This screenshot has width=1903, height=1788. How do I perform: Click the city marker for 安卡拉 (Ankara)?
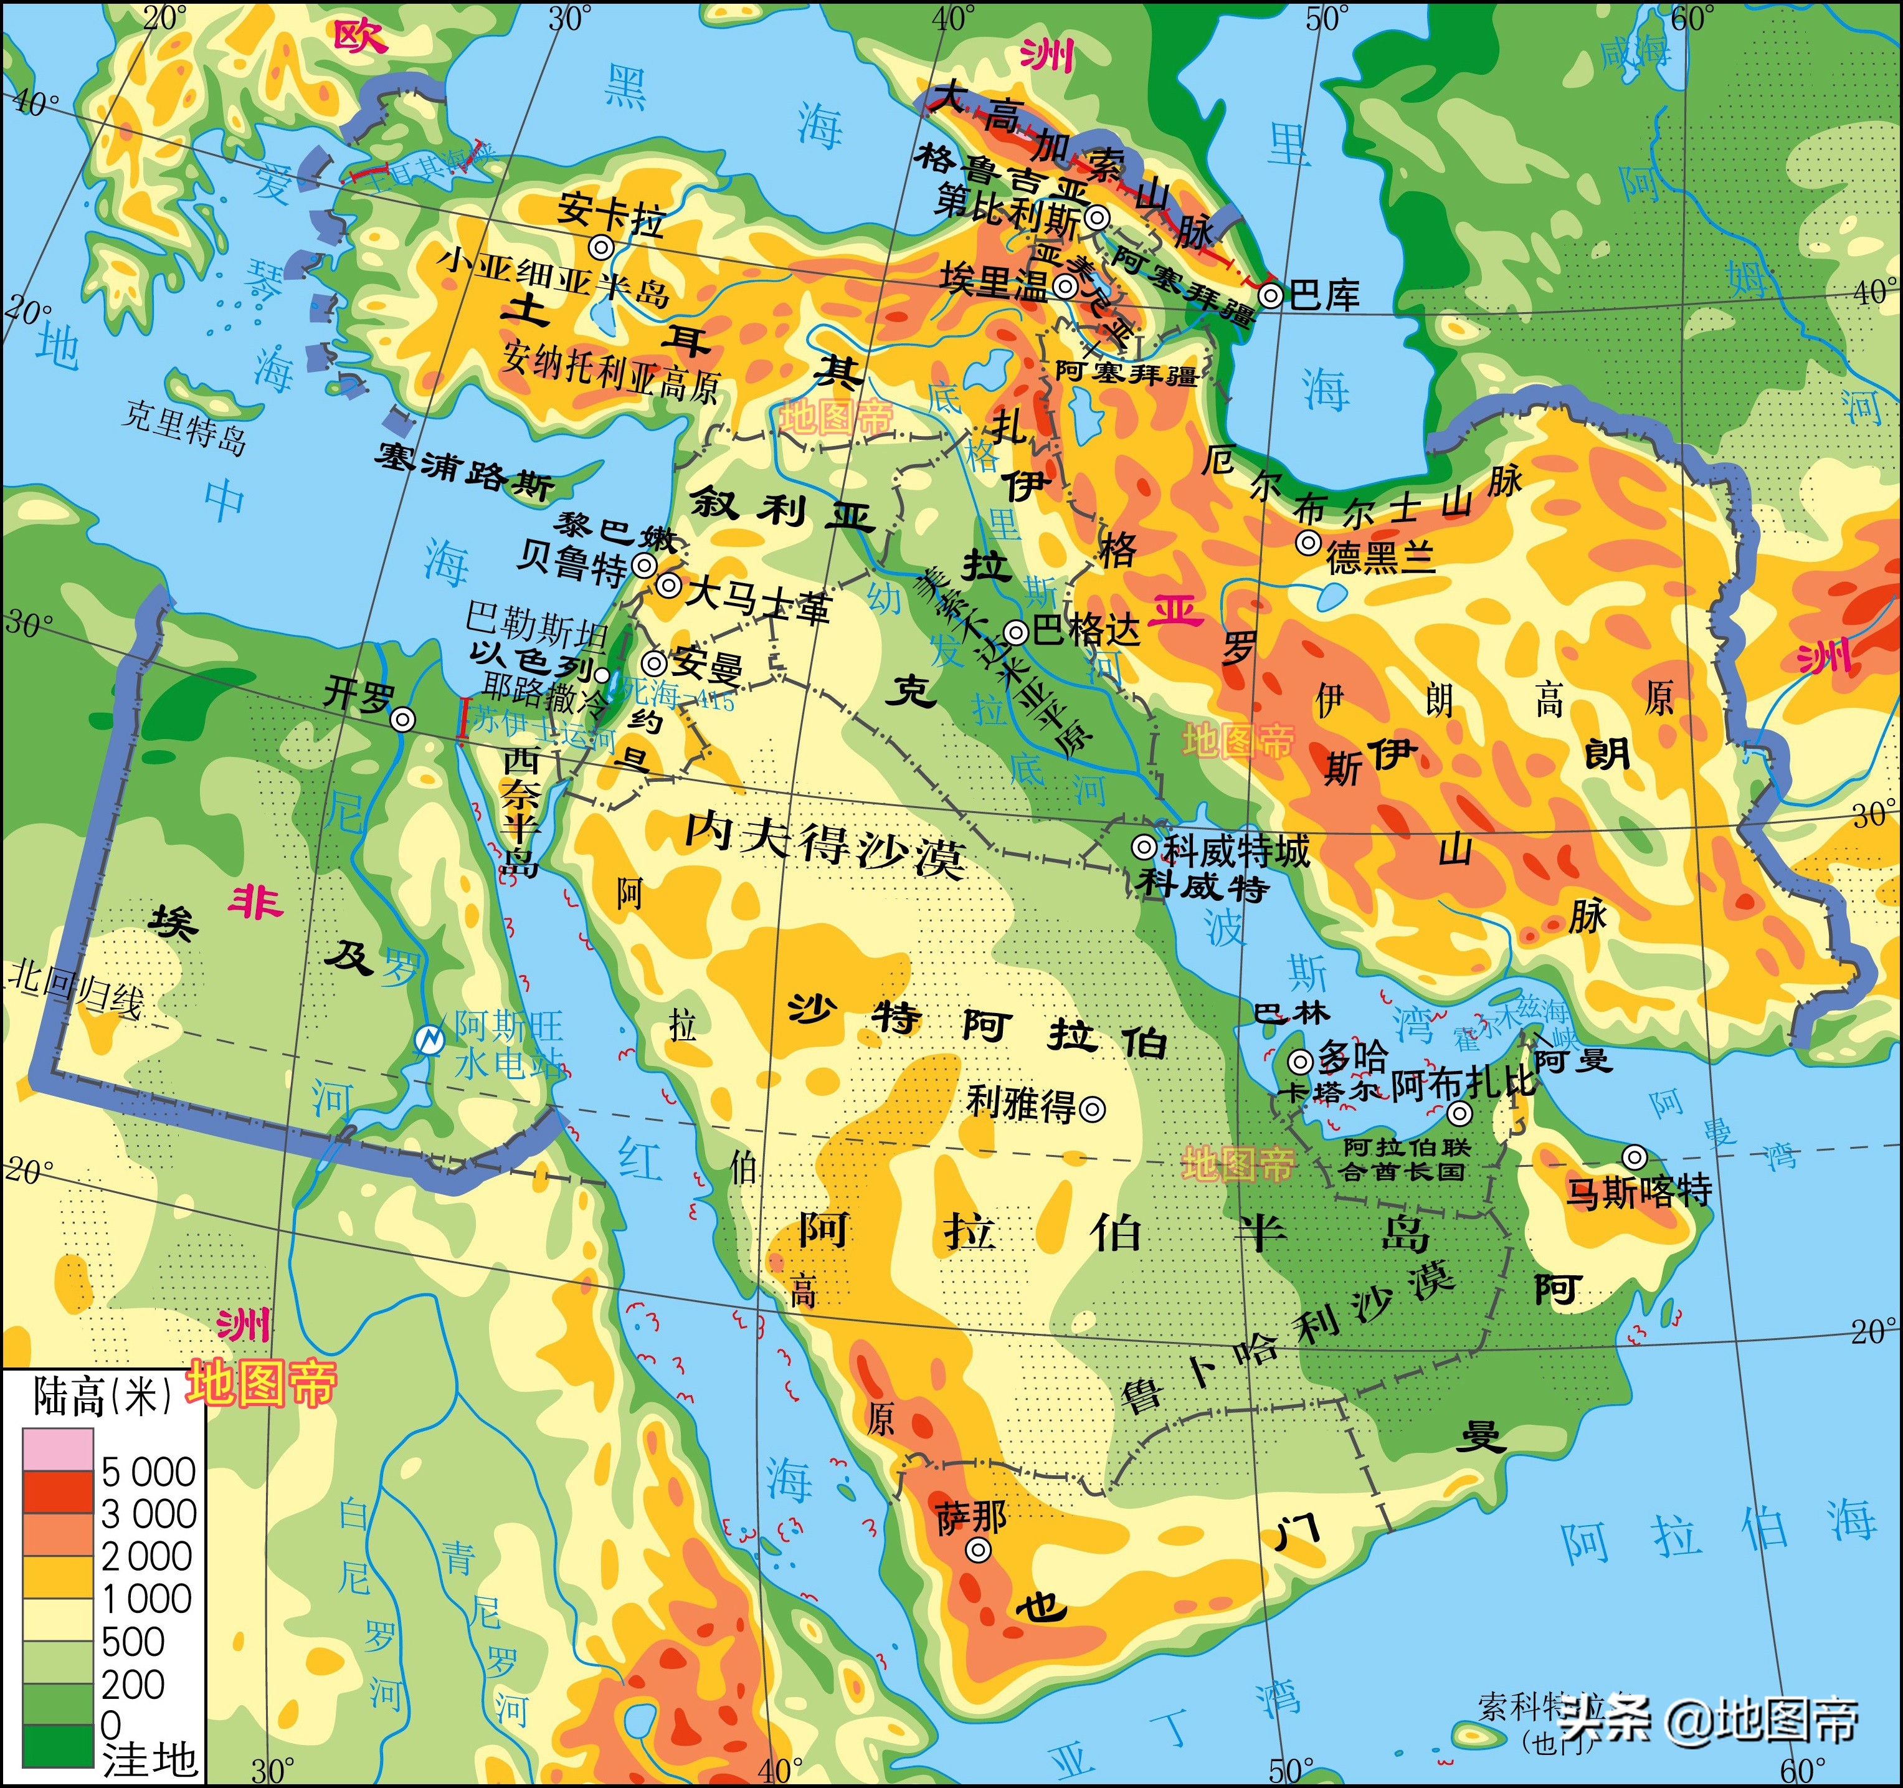tap(601, 247)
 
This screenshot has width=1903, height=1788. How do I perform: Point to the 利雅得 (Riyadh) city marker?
tap(1092, 1108)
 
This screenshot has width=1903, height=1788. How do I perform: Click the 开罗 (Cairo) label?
tap(357, 693)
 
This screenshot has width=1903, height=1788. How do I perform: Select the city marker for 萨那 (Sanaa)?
tap(976, 1549)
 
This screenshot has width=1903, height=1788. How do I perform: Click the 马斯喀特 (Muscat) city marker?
tap(1634, 1158)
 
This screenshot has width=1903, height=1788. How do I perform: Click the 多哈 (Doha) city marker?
tap(1300, 1060)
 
